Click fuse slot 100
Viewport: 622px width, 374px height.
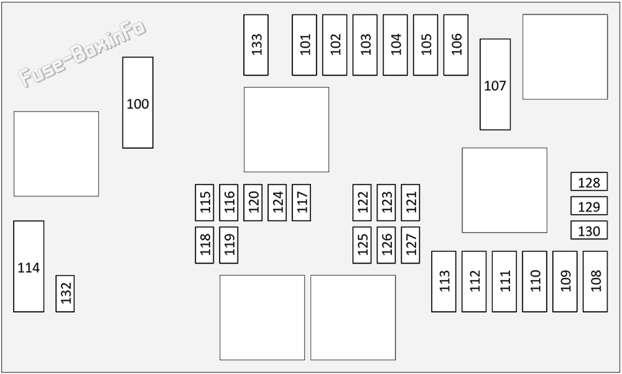[138, 103]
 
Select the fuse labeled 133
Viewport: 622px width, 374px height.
[256, 45]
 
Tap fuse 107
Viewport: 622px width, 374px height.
[495, 84]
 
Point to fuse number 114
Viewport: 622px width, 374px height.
[28, 267]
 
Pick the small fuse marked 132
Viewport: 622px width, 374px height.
[65, 294]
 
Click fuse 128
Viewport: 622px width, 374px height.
[589, 182]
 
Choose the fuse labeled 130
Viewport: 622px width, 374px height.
[589, 230]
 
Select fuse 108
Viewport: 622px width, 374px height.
[595, 281]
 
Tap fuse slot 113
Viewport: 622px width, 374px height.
[444, 281]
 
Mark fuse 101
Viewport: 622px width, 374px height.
[304, 45]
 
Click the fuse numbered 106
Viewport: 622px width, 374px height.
[456, 45]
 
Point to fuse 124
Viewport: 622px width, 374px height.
[277, 203]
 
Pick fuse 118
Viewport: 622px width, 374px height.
[205, 245]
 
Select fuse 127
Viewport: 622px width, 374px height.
[410, 245]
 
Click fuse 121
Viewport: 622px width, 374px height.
[410, 203]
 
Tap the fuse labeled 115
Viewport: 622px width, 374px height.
[205, 203]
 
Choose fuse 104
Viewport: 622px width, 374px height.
[395, 45]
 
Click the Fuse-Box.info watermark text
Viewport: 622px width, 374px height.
[82, 53]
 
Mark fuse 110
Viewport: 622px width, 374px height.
[534, 281]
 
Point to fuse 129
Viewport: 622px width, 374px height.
[589, 206]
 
